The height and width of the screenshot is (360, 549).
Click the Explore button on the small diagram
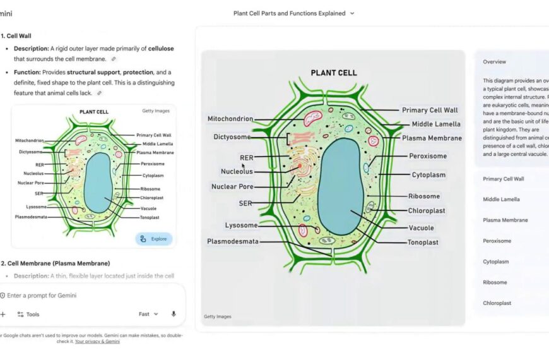(153, 239)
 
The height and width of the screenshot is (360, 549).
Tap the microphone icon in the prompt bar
(174, 314)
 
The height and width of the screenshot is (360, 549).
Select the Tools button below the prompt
(28, 314)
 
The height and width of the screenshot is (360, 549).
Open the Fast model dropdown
(148, 314)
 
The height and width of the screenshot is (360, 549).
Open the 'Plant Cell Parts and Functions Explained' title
(293, 13)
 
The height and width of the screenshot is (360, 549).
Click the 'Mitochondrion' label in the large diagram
(230, 119)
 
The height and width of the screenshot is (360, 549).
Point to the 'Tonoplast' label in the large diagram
(423, 243)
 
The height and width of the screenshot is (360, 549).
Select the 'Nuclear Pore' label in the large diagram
(232, 187)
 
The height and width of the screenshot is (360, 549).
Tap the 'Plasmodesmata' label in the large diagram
(233, 241)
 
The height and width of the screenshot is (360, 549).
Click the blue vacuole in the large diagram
(341, 186)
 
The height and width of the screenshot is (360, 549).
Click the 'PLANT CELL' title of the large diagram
(333, 73)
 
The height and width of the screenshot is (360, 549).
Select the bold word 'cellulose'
(162, 49)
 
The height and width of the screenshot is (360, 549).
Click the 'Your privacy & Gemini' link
(97, 342)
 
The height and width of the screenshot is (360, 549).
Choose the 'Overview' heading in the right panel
(494, 62)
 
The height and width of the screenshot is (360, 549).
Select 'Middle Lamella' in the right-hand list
(501, 200)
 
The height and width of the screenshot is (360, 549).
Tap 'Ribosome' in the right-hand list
(495, 282)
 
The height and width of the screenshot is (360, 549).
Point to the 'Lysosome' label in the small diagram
(35, 207)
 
